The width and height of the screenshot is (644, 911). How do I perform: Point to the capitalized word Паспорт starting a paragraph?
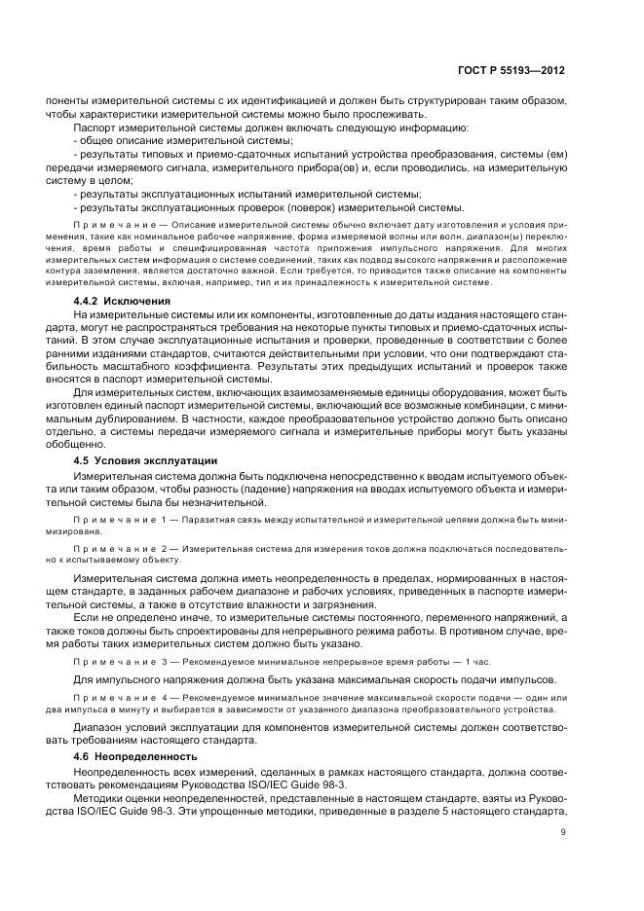[95, 128]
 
